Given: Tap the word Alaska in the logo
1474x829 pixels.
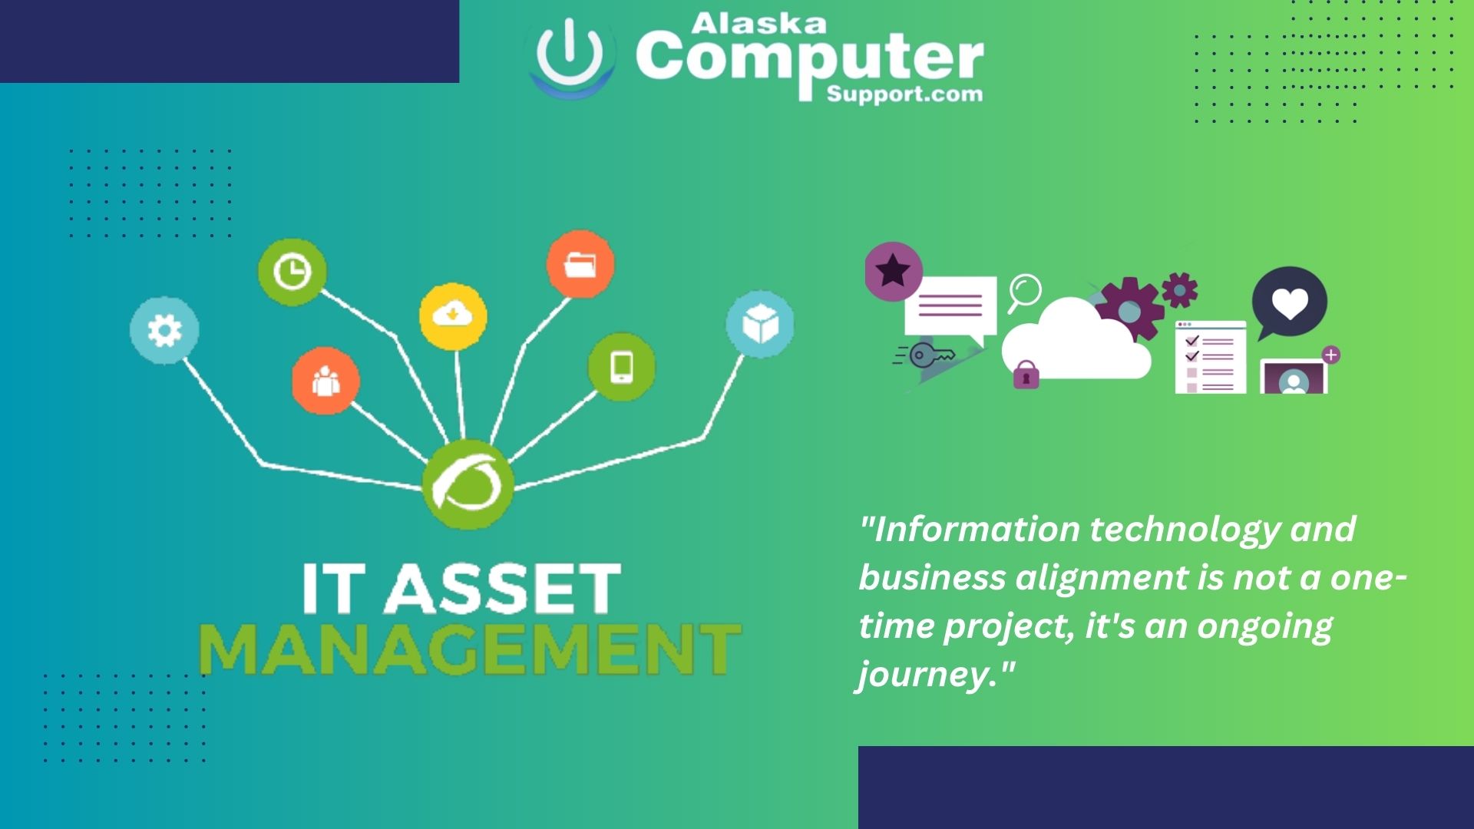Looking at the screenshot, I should point(758,24).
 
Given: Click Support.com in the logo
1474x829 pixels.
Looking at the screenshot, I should point(904,94).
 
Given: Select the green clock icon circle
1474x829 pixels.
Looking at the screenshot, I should point(292,272).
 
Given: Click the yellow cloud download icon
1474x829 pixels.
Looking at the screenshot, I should point(453,315).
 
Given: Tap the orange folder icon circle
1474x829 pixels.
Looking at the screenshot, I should point(580,264).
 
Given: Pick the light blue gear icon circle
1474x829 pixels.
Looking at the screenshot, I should point(164,331).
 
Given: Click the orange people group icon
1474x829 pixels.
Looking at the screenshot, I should point(326,381).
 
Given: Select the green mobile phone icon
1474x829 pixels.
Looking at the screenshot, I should point(622,367).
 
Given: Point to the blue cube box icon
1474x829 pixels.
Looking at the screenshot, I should point(760,324).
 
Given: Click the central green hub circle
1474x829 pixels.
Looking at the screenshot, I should point(468,485).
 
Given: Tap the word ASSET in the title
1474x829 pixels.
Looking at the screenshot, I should point(502,589).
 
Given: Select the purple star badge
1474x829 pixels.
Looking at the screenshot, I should point(893,271).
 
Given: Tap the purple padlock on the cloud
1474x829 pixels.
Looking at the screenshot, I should point(1026,375).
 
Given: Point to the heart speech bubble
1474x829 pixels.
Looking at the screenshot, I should point(1290,302).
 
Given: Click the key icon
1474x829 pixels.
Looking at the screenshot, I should point(930,355).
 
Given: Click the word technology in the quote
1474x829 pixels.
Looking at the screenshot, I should point(1185,530).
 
